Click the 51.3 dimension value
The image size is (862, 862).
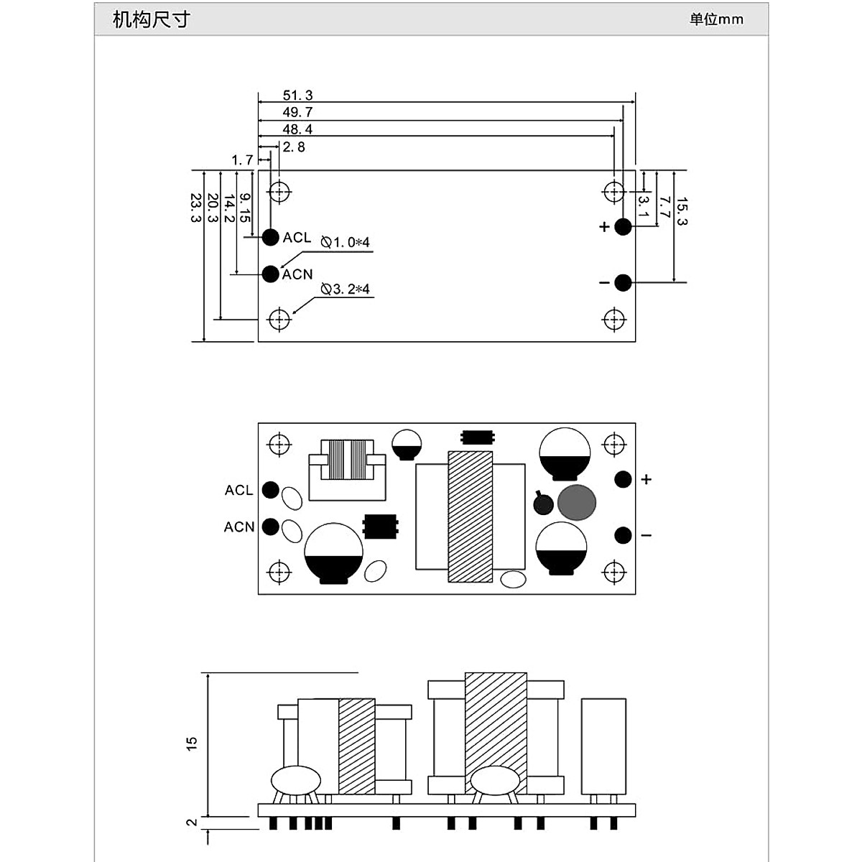point(297,96)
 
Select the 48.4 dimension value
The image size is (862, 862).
point(297,129)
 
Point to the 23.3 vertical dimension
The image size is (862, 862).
point(196,208)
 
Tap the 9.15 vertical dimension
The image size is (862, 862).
point(244,208)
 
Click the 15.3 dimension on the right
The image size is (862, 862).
point(681,211)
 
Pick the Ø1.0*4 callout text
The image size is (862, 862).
point(346,243)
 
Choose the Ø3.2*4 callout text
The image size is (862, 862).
point(346,289)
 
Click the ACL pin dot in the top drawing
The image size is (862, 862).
point(271,237)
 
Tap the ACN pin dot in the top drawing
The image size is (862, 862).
point(271,274)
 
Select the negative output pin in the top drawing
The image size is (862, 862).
point(623,283)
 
